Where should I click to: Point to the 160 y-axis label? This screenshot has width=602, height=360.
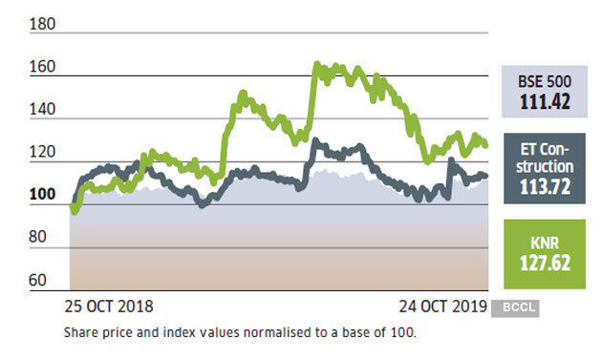point(43,68)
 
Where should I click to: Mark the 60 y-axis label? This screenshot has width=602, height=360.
point(39,280)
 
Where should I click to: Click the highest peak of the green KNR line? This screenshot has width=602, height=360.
point(316,64)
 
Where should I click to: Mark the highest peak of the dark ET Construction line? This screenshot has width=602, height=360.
point(315,141)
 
